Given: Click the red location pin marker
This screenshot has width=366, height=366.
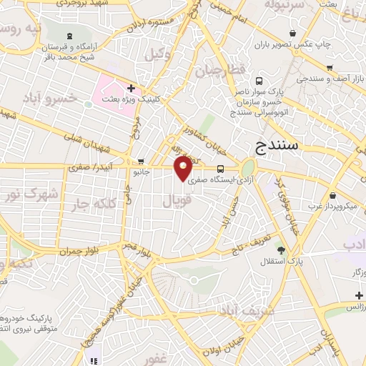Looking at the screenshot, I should (184, 167).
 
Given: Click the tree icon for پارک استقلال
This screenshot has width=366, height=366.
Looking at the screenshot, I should (280, 249).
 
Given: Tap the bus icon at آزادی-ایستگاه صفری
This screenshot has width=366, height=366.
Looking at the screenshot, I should (220, 169).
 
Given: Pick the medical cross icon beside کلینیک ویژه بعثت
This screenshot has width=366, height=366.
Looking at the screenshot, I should (131, 88).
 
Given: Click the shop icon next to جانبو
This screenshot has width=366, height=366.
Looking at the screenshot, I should (141, 161).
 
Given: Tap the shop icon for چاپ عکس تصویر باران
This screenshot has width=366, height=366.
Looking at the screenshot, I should (292, 33).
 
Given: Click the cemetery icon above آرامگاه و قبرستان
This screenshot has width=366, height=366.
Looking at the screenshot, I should (69, 36).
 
